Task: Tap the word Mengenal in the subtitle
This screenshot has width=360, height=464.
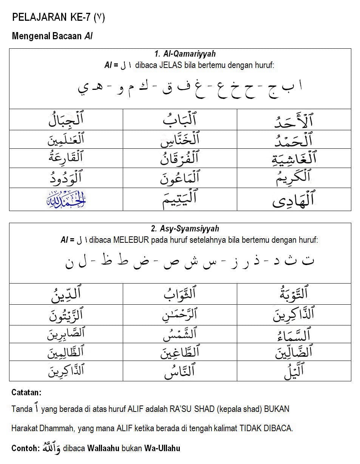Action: [28, 36]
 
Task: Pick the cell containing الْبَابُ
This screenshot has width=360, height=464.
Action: [180, 120]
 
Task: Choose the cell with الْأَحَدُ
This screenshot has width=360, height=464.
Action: [294, 120]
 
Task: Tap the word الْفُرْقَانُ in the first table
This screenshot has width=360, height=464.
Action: [180, 159]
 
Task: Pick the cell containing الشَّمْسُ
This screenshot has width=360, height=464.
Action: [180, 333]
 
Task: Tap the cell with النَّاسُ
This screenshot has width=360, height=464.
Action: [180, 372]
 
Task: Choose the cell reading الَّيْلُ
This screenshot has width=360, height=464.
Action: [294, 372]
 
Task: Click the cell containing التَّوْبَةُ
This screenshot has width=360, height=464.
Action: [294, 294]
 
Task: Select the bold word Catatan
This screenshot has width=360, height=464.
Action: [26, 393]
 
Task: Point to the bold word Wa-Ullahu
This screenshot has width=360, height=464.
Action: [162, 449]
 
